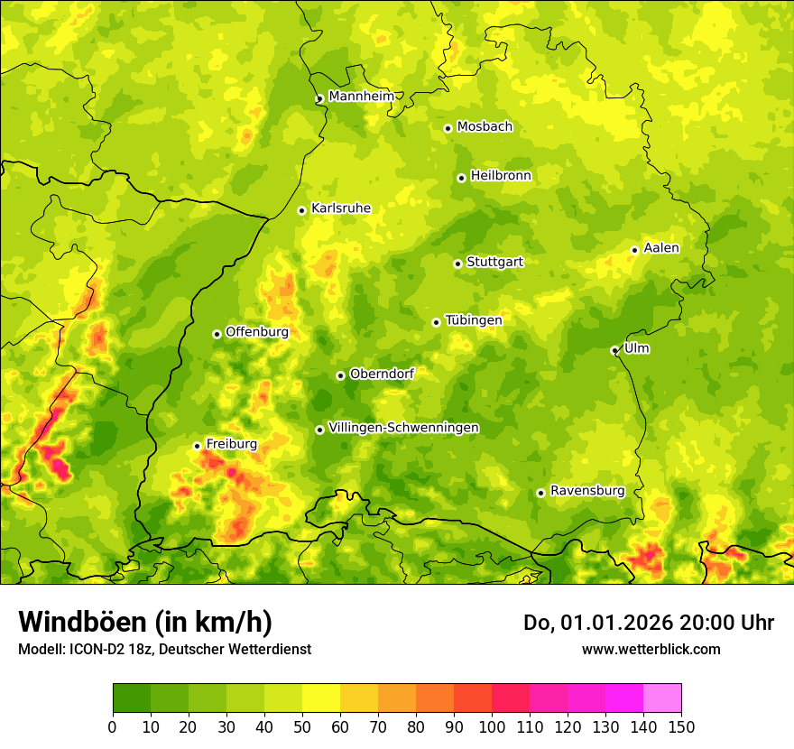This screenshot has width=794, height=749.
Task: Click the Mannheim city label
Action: coord(361,97)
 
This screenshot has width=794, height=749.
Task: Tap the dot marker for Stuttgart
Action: coord(457,264)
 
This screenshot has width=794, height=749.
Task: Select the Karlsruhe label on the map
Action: coord(340,208)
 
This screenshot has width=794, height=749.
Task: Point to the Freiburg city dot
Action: coord(197,446)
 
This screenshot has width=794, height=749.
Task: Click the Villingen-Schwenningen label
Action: coord(403,428)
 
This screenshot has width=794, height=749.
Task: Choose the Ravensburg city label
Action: coord(586,491)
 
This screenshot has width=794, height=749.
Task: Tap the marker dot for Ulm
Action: coord(614,350)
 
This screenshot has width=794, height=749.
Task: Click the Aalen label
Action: coord(660,248)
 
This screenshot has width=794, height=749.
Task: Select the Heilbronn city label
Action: coord(501,176)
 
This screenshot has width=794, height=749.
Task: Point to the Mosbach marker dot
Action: coord(448,128)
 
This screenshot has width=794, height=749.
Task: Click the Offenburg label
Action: coord(256,332)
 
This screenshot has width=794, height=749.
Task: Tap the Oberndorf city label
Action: coord(382,374)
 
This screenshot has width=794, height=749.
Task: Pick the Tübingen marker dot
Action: coord(436,322)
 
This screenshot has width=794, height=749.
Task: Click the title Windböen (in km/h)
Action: coord(144,622)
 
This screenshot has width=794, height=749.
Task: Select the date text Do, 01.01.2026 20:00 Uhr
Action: coord(648,623)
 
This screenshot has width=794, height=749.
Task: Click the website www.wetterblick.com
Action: coord(651,649)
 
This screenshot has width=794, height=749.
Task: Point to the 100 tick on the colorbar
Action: coord(492,726)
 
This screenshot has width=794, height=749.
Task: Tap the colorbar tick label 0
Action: coord(113,726)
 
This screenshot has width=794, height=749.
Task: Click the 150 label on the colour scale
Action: coord(681,726)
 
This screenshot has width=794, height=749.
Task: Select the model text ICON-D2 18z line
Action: coord(164,649)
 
